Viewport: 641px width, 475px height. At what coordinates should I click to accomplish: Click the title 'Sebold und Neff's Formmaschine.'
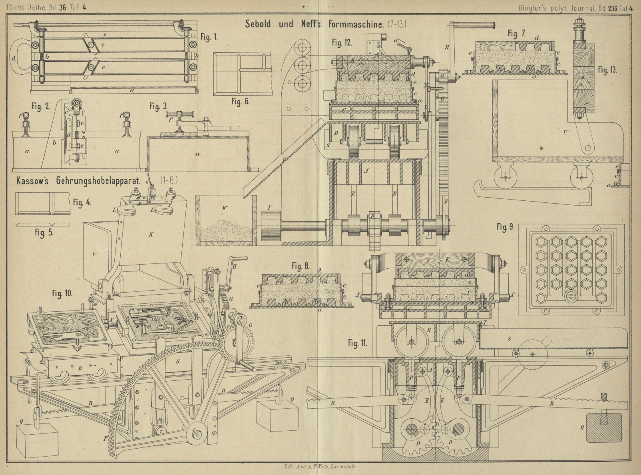(314, 24)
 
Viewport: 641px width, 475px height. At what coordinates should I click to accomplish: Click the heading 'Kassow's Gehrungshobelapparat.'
(78, 181)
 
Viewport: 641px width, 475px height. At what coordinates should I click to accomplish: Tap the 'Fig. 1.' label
(209, 37)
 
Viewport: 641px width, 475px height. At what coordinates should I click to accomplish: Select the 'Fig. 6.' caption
(240, 102)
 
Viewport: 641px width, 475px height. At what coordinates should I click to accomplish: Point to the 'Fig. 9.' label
(505, 227)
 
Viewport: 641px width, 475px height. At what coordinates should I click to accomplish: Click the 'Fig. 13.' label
(607, 70)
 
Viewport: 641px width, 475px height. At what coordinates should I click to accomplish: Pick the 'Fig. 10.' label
(62, 293)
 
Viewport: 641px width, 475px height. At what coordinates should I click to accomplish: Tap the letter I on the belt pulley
(269, 208)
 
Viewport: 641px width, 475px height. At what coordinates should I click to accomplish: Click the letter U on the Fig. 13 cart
(565, 132)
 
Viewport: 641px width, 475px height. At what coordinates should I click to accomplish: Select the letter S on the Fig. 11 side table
(509, 339)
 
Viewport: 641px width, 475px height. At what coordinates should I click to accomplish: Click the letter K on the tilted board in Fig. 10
(151, 234)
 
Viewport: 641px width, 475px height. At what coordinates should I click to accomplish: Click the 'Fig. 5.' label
(44, 233)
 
